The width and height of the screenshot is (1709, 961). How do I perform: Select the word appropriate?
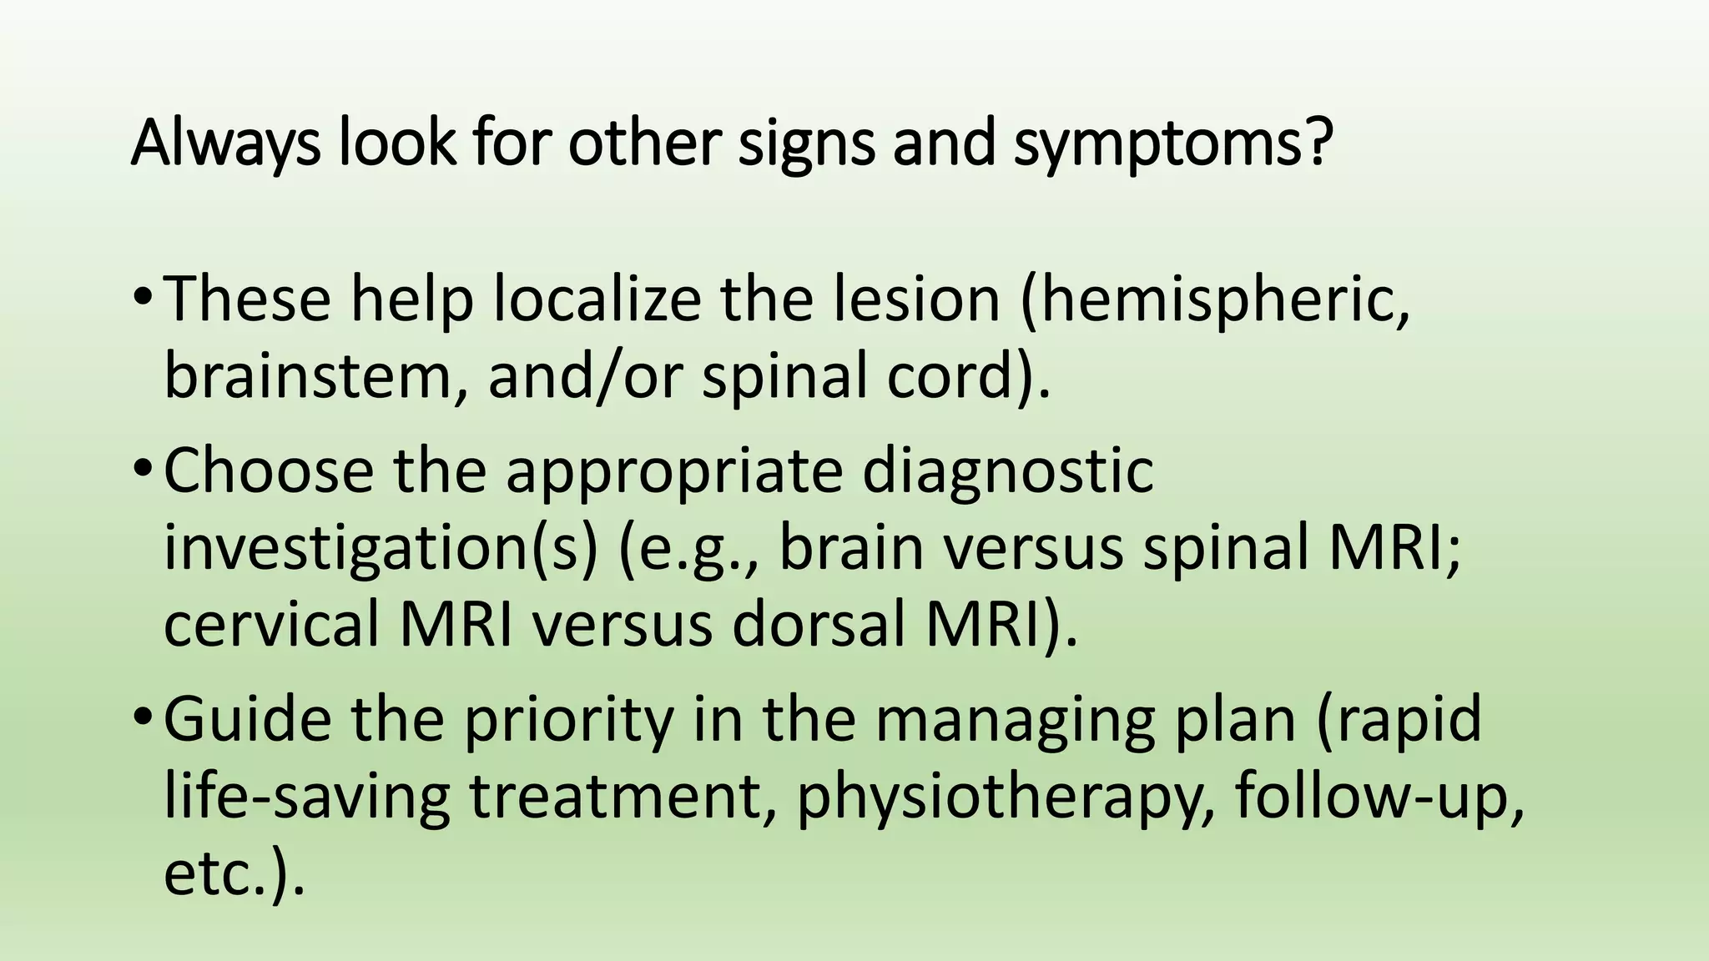click(674, 470)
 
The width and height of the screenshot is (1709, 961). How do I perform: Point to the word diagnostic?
click(1008, 470)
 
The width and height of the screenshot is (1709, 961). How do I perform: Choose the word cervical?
click(271, 626)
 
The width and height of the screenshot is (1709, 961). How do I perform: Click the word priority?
click(567, 719)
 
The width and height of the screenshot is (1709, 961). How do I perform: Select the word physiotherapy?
click(1005, 797)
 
